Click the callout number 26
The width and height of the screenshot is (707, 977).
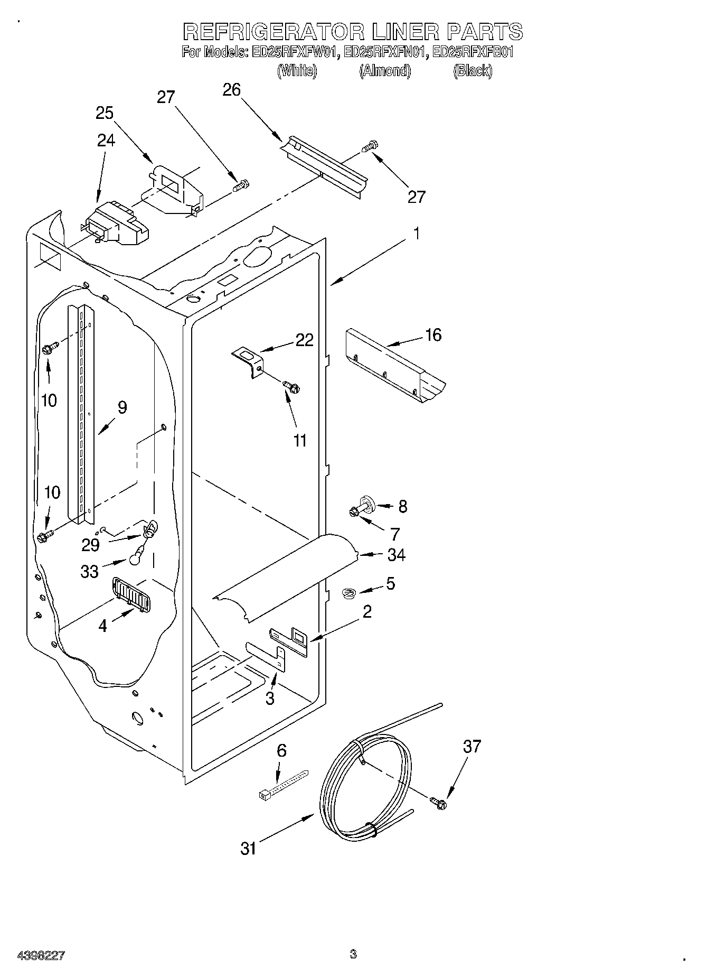point(232,90)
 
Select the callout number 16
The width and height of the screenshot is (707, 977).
point(433,335)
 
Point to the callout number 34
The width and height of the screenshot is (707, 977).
point(396,555)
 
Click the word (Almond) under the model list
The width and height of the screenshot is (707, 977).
point(385,71)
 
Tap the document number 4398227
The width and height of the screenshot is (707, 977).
point(41,955)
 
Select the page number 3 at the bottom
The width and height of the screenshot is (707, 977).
point(353,954)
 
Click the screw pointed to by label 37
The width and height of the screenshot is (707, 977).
point(438,803)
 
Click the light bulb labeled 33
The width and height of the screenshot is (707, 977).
point(136,554)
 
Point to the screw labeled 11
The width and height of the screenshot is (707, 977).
point(291,387)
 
